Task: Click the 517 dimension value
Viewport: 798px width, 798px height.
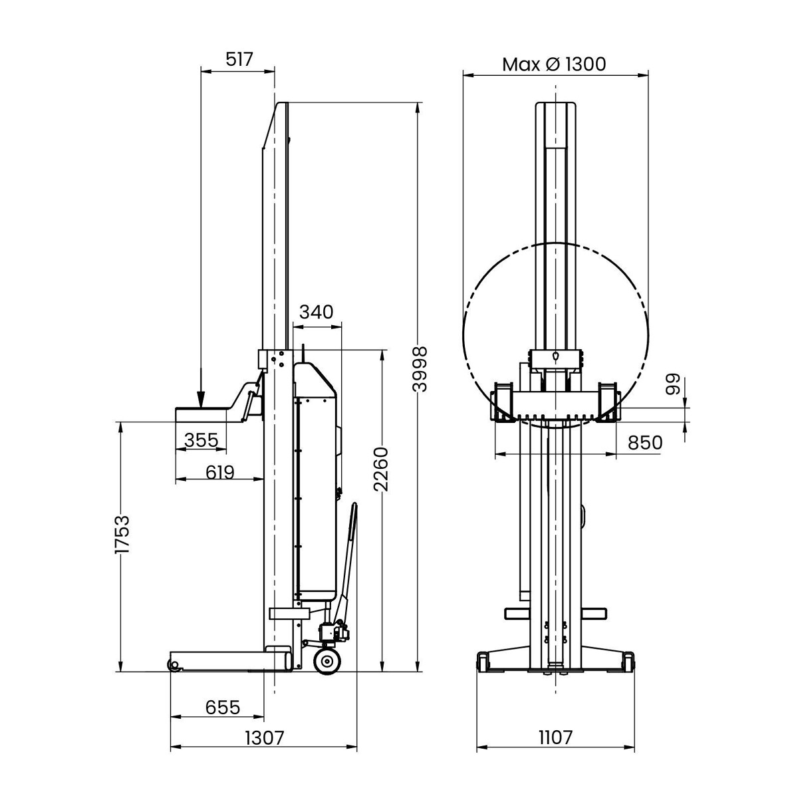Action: (x=239, y=60)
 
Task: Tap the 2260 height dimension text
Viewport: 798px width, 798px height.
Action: (x=380, y=469)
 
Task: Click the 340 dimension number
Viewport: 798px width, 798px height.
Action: (x=316, y=312)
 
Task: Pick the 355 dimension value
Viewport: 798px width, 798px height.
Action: (x=201, y=440)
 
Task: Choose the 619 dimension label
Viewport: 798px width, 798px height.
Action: (x=219, y=472)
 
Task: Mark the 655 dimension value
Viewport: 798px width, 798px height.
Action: (x=222, y=706)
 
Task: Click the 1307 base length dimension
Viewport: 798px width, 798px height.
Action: (x=265, y=737)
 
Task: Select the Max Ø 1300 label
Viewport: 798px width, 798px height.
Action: (x=554, y=65)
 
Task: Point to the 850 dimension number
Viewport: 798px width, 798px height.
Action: (x=644, y=442)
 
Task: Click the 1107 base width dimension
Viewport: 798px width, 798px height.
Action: (x=555, y=737)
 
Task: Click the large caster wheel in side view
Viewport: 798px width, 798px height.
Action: (x=327, y=662)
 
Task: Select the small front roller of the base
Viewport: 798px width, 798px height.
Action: (x=174, y=665)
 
